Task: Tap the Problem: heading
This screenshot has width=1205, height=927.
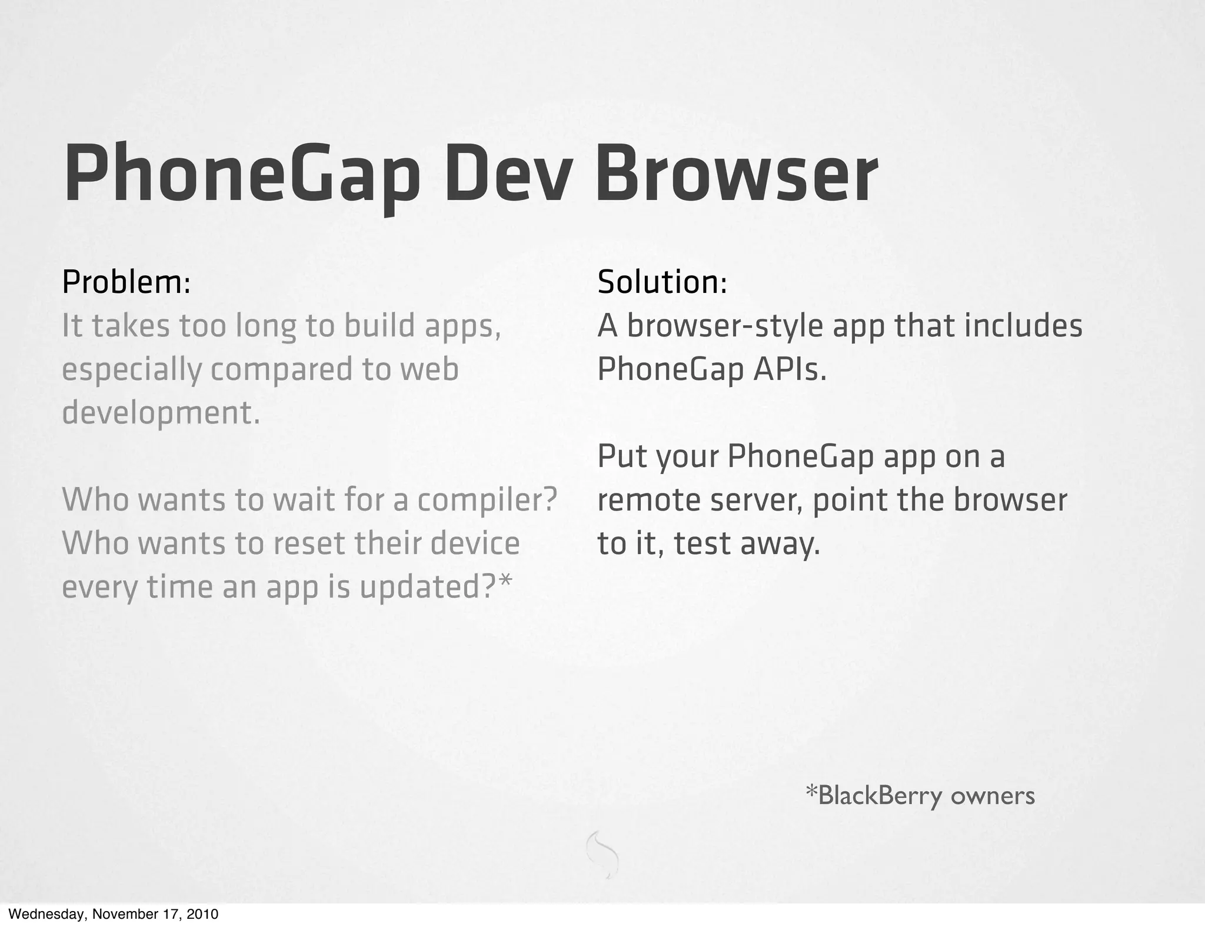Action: click(126, 282)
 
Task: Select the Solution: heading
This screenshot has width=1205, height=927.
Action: click(662, 282)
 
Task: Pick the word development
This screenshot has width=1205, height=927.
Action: click(160, 413)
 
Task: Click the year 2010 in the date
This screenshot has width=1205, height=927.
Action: click(203, 915)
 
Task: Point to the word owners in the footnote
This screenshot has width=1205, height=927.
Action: click(993, 796)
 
